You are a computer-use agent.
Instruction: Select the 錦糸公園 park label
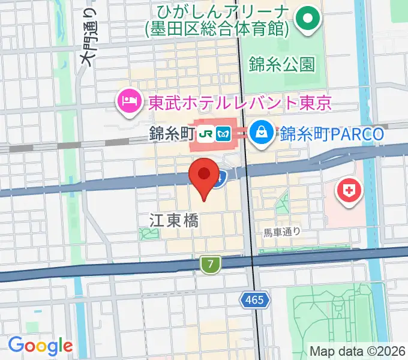(281, 64)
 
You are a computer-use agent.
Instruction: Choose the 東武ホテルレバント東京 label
(238, 103)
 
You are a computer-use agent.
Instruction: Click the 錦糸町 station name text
(172, 134)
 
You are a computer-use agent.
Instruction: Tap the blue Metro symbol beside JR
(224, 134)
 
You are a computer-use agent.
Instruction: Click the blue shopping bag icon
(262, 133)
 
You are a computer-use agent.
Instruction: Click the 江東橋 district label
(173, 220)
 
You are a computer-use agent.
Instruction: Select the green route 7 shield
(208, 264)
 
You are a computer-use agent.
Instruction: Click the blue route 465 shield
(254, 299)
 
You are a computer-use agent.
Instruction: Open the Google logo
(40, 346)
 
